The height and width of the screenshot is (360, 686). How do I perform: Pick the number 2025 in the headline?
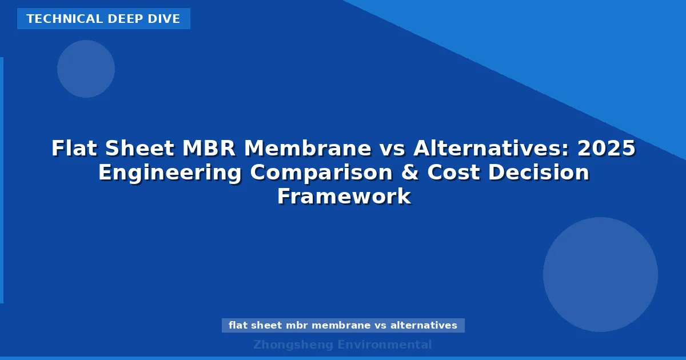coord(606,149)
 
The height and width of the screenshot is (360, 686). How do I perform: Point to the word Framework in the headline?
coord(344,197)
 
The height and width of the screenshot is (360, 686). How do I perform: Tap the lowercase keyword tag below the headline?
coord(343,325)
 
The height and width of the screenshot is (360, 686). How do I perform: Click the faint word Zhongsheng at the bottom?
coord(293,345)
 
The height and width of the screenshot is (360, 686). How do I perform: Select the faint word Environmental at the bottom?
coord(384,345)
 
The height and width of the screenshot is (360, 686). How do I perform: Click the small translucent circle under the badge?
coord(86,69)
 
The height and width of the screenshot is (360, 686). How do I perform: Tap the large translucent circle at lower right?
coord(600,274)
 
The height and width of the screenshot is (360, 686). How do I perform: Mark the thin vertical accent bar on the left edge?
coord(2,180)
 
